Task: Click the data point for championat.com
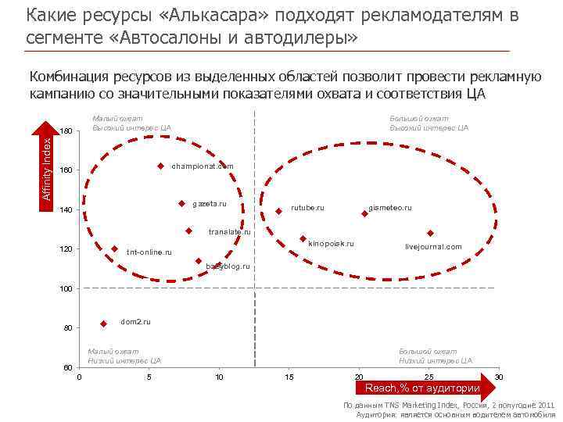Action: coord(160,166)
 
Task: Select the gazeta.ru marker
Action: coord(181,203)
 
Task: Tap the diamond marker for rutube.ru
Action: coord(279,210)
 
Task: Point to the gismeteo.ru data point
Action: coord(364,212)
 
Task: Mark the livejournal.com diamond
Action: coord(430,233)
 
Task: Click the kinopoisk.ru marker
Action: coord(303,238)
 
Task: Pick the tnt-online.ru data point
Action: coord(114,249)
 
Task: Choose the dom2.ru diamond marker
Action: coord(103,324)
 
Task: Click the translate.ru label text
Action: coord(229,232)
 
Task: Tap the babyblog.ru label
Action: coord(228,266)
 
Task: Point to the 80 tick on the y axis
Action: coord(67,328)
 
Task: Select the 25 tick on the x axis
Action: coord(429,377)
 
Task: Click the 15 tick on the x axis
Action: coord(289,377)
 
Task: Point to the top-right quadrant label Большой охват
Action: coord(419,118)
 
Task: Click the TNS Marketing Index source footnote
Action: coord(449,406)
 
